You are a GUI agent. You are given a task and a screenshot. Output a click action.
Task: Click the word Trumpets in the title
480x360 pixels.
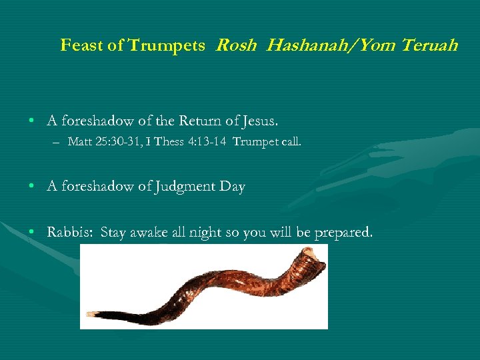[x=167, y=45]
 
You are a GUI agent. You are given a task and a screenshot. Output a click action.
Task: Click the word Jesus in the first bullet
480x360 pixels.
[x=259, y=121]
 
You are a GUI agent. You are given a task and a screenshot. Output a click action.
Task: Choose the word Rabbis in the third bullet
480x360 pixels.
[x=70, y=233]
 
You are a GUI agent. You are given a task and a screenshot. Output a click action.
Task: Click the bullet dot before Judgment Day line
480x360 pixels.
[x=32, y=187]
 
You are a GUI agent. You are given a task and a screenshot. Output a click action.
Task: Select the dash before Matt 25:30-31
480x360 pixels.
[x=58, y=142]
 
